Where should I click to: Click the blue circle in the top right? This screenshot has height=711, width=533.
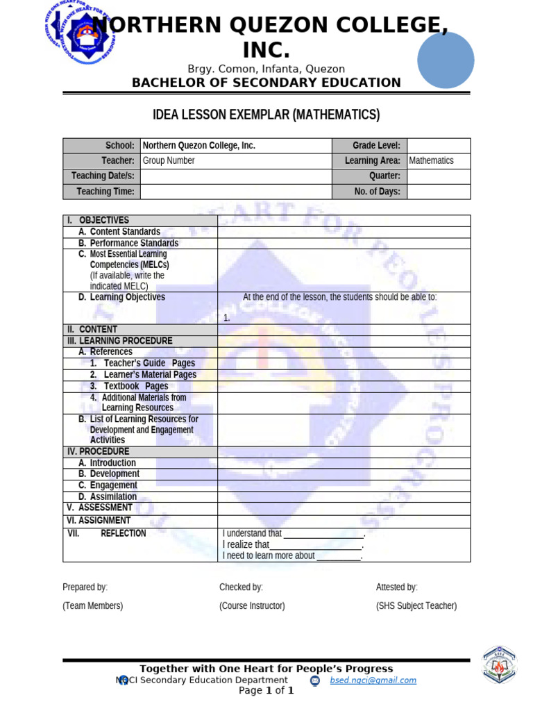coord(446,60)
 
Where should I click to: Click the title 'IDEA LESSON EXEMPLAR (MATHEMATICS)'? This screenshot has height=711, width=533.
coord(266,115)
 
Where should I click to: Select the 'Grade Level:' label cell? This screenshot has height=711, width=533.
coord(376,146)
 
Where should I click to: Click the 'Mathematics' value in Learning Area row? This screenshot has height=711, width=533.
coord(431,160)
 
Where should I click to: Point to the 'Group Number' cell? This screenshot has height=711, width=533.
coord(169,160)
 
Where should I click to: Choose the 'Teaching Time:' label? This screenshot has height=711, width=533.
coord(105,192)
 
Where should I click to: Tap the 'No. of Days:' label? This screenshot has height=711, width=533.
coord(376,192)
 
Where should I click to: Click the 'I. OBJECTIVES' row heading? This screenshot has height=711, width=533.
coord(98,220)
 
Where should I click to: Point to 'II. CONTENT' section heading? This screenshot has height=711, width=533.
coord(92,329)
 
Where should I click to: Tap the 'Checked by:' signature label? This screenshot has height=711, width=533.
coord(241,587)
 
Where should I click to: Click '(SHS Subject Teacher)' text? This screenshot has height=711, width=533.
coord(416,605)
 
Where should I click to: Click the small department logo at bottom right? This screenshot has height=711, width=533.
coord(500,665)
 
